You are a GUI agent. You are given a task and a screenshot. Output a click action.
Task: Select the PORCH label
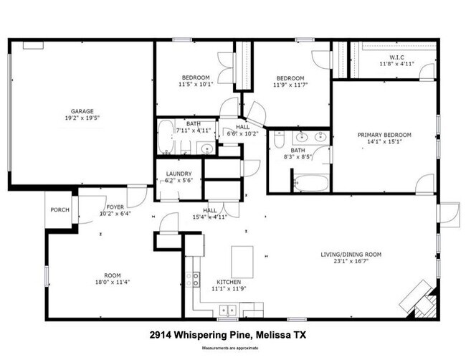click(x=60, y=210)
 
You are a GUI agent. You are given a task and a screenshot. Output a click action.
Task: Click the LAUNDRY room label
click(x=179, y=174)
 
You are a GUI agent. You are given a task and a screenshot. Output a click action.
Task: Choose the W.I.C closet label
click(x=397, y=57)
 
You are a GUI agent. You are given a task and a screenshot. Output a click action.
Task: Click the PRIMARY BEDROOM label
click(x=385, y=135)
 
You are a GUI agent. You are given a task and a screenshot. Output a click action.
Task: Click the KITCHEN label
click(x=229, y=282)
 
